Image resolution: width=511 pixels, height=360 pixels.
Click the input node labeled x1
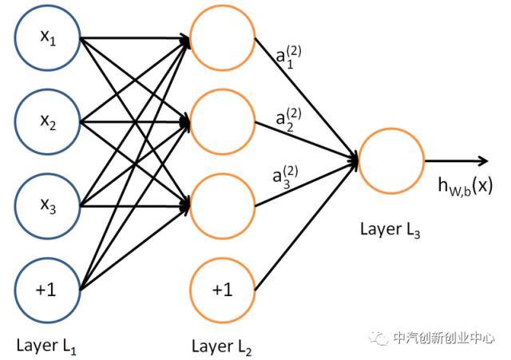[48, 38]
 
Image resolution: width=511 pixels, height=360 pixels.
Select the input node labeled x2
[48, 122]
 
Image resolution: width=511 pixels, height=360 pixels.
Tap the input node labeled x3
[48, 206]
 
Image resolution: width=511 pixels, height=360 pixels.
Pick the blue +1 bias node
[48, 290]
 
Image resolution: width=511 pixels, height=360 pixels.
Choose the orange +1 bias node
[223, 290]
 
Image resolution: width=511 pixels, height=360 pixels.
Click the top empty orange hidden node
[223, 38]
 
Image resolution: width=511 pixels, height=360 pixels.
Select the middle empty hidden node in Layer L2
[223, 122]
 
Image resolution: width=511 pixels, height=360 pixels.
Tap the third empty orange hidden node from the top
[223, 206]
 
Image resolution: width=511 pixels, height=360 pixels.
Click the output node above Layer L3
[391, 161]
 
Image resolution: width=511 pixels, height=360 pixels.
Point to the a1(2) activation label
[288, 57]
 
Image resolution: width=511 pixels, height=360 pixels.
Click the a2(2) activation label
[288, 120]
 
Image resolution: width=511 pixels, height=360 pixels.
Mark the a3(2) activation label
[285, 177]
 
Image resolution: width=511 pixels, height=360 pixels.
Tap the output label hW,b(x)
[465, 186]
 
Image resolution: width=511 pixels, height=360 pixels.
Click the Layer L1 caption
[46, 346]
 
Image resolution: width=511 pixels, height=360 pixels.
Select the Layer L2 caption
[222, 346]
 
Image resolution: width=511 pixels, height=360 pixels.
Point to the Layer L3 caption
[390, 229]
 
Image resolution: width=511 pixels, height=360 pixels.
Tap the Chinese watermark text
[444, 338]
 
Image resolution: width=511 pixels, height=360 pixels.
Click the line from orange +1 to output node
[307, 225]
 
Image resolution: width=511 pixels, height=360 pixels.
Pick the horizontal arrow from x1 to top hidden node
[135, 38]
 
